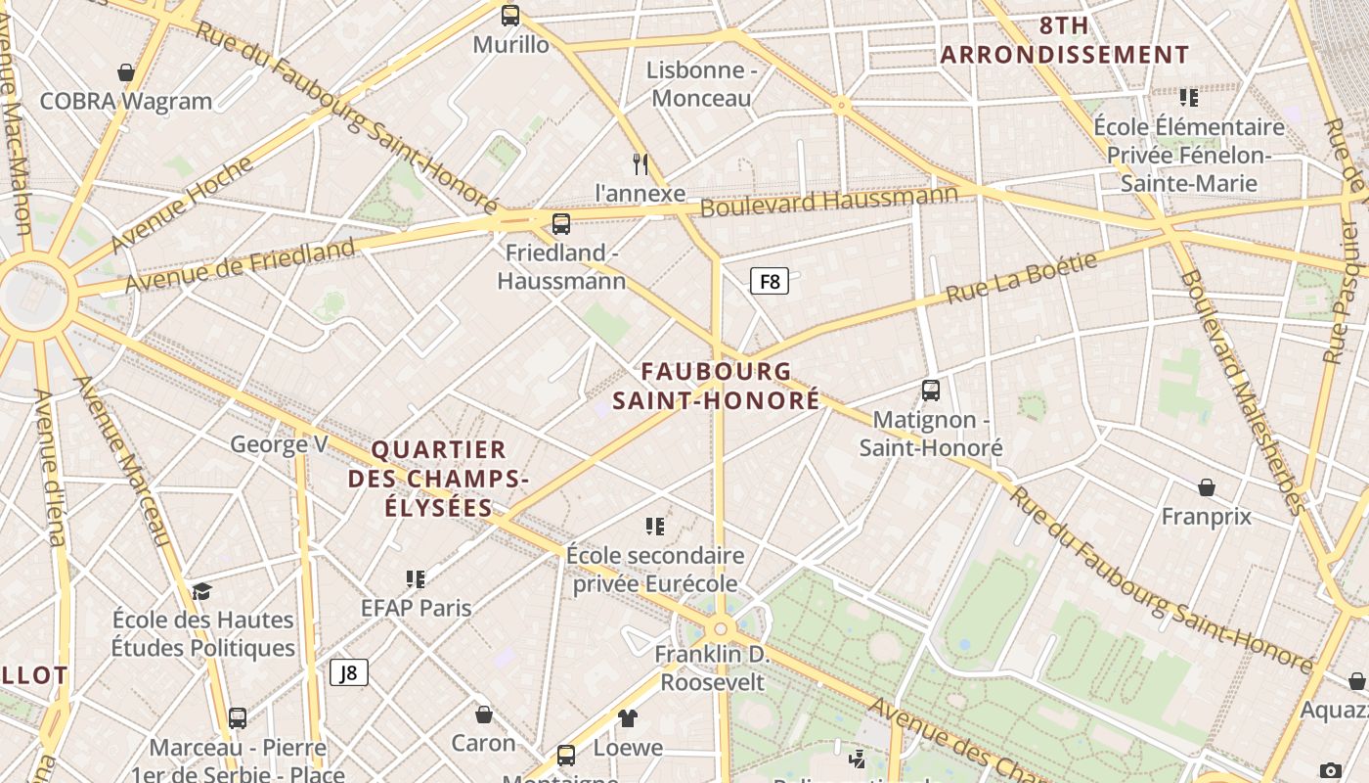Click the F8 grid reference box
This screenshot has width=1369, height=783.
[x=770, y=282]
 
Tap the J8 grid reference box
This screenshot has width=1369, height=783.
[x=348, y=672]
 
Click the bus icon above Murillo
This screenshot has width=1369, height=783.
[x=510, y=16]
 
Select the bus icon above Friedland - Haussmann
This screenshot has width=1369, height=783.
[x=561, y=224]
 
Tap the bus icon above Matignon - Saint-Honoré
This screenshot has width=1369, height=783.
[x=931, y=391]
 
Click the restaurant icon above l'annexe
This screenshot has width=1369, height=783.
[x=640, y=163]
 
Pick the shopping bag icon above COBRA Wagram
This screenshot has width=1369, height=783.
[x=126, y=72]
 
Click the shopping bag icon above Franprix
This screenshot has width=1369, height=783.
[x=1207, y=487]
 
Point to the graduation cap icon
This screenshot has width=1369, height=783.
[x=201, y=591]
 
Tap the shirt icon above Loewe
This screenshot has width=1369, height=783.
[x=628, y=718]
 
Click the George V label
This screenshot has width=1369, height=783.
[x=279, y=444]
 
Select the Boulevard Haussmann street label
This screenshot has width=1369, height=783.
[x=829, y=201]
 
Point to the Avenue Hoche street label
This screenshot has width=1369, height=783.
[x=181, y=205]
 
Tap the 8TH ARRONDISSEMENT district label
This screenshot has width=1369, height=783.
[x=1065, y=39]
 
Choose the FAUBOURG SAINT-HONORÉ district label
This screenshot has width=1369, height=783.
[x=716, y=386]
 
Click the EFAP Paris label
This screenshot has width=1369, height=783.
[x=416, y=608]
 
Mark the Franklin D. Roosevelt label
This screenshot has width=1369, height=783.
[x=712, y=668]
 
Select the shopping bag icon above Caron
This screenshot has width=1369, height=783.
[x=483, y=714]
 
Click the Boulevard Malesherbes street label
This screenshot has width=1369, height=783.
[x=1242, y=391]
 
